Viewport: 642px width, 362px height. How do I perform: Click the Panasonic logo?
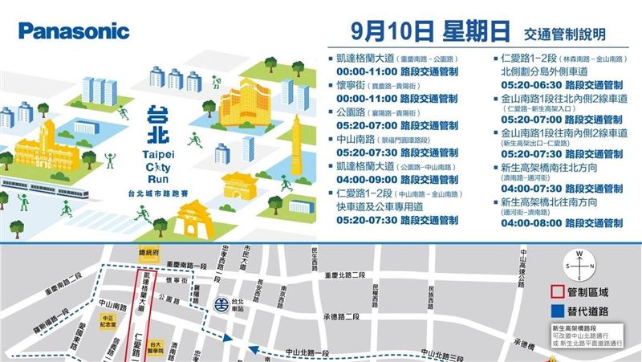click(73, 31)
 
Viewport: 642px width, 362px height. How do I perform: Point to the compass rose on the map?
click(583, 265)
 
